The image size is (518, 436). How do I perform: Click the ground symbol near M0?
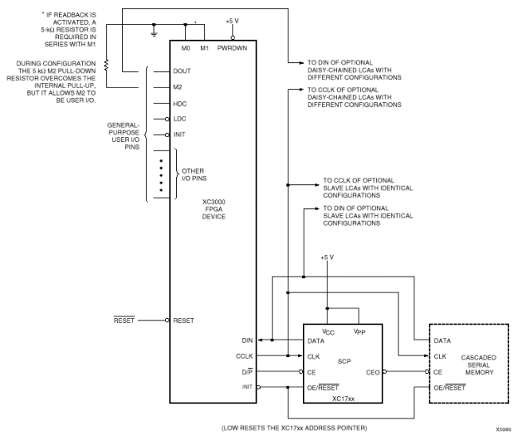154,33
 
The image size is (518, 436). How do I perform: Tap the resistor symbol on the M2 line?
106,65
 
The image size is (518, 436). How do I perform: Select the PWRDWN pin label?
232,49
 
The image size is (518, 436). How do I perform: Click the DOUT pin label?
182,71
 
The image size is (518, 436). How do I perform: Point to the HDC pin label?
180,104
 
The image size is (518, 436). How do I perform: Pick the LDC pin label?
180,119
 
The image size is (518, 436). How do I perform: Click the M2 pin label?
178,87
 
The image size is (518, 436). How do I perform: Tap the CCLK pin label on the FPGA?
244,356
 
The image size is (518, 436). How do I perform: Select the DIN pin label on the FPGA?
247,340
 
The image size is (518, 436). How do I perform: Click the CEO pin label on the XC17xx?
373,372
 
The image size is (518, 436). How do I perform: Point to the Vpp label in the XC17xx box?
359,332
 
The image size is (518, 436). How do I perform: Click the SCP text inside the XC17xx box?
344,362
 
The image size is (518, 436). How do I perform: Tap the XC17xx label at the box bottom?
343,399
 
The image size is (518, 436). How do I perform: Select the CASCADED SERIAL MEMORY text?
479,365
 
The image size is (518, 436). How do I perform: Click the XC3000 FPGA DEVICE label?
214,209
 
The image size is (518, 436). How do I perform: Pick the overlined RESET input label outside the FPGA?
124,320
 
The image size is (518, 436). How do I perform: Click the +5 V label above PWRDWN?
232,22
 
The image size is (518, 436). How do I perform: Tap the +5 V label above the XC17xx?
327,257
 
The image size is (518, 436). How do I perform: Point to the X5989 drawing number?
503,430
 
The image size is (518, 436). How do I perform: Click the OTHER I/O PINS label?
194,175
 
